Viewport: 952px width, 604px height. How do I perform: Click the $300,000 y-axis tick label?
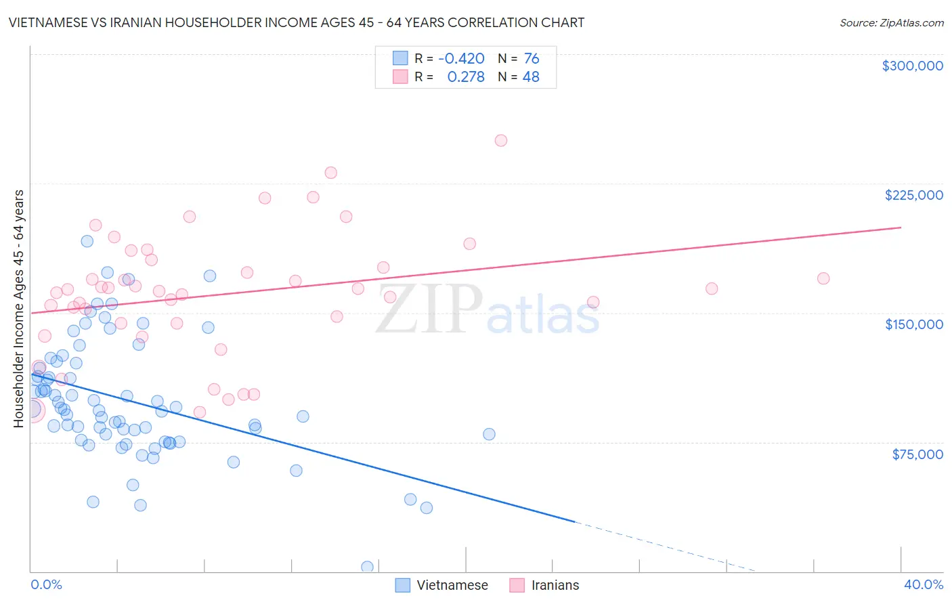[912, 66]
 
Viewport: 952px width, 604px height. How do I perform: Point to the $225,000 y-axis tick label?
[913, 195]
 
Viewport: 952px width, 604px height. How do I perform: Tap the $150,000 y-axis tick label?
[913, 324]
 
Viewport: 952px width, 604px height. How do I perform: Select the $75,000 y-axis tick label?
[917, 454]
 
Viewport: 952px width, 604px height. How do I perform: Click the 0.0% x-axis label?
[46, 584]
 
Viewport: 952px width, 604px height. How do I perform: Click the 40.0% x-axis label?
[923, 584]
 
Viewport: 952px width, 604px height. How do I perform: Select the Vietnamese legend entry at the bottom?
[441, 585]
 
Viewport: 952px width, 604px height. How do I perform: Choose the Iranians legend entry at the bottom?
[544, 585]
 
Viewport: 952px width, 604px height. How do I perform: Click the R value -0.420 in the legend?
[461, 59]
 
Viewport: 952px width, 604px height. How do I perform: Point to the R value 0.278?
[466, 77]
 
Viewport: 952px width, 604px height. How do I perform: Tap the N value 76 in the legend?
[531, 59]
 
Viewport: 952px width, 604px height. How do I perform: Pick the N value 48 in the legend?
[531, 77]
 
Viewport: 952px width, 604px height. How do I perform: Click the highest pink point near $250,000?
[501, 141]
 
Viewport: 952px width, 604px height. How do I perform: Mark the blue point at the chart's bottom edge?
[367, 567]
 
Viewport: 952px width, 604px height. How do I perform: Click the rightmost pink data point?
[823, 278]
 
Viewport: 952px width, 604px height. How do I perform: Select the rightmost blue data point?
[489, 434]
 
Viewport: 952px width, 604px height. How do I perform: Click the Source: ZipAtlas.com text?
[891, 23]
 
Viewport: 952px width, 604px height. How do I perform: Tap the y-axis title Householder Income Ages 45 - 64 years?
[19, 309]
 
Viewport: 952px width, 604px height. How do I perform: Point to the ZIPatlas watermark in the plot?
[488, 310]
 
